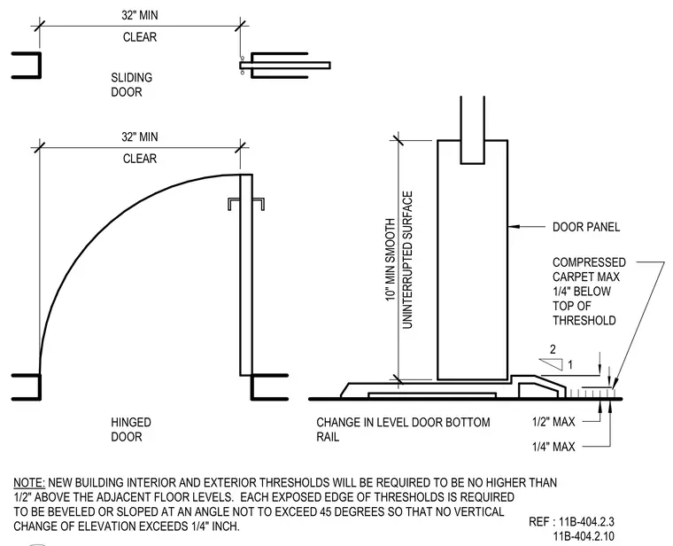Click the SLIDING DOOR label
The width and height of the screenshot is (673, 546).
click(x=131, y=84)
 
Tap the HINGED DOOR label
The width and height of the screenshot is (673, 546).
click(x=131, y=430)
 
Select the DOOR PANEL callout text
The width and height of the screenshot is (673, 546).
click(x=586, y=227)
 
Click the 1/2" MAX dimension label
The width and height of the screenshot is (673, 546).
click(x=553, y=422)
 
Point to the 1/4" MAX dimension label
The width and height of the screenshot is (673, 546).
click(x=553, y=447)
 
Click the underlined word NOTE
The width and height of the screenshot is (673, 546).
click(x=28, y=483)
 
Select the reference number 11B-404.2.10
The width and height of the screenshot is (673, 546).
click(x=584, y=536)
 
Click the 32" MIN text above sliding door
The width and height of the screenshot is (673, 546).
click(x=140, y=15)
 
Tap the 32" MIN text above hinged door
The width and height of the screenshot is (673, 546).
click(x=140, y=137)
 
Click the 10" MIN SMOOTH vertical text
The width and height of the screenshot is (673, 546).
click(x=391, y=260)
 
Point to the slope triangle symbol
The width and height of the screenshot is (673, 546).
click(x=551, y=364)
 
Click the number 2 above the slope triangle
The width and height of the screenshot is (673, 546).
click(x=553, y=349)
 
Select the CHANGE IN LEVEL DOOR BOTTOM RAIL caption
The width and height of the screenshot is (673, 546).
click(x=403, y=430)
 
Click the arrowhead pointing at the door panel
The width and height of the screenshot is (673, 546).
click(x=514, y=226)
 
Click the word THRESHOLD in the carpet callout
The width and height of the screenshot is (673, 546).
click(x=584, y=321)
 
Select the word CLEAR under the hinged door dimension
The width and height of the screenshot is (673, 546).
click(x=140, y=159)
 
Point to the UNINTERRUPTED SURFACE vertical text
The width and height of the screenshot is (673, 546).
click(x=407, y=260)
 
